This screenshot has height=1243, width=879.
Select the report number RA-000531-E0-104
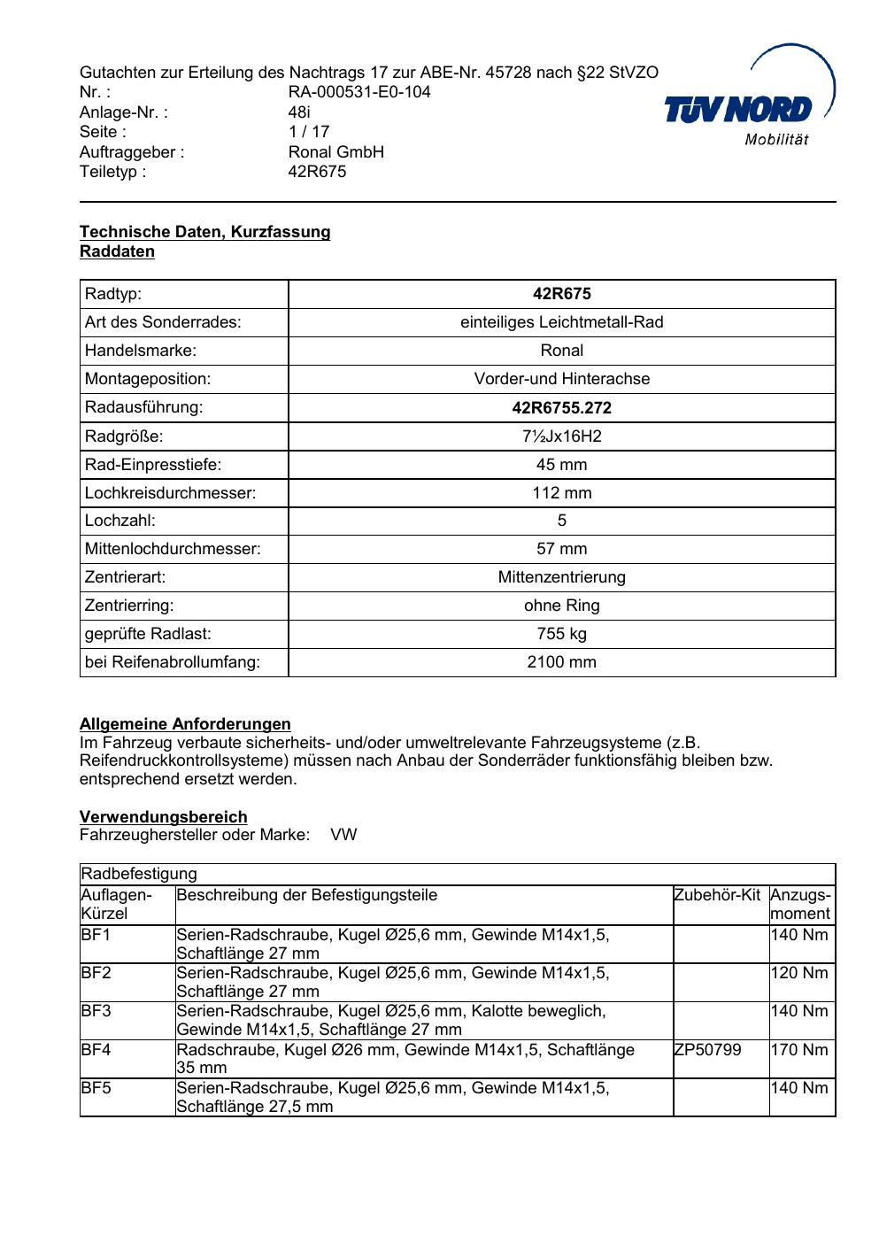click(359, 92)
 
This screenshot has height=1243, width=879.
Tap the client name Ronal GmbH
click(335, 152)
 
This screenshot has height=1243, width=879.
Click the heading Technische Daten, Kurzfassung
click(204, 232)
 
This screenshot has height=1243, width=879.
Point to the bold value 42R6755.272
click(561, 408)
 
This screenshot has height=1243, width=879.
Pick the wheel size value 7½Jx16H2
click(561, 436)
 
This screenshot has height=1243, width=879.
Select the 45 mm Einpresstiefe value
click(561, 465)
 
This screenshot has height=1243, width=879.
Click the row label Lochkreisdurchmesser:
click(170, 493)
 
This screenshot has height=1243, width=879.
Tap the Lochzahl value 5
click(561, 521)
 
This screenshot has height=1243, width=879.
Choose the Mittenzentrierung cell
click(561, 577)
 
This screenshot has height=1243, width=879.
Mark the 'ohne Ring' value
click(561, 606)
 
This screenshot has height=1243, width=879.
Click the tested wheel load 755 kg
click(561, 634)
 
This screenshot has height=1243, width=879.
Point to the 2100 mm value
click(561, 662)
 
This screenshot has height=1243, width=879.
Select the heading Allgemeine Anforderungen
click(185, 724)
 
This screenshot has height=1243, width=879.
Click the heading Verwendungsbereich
click(163, 817)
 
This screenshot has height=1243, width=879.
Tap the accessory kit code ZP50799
click(707, 1050)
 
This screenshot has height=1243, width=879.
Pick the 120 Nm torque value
click(799, 973)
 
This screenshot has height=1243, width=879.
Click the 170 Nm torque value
click(799, 1050)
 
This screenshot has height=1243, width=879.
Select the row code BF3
click(96, 1011)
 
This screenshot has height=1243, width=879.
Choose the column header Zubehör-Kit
click(717, 895)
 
